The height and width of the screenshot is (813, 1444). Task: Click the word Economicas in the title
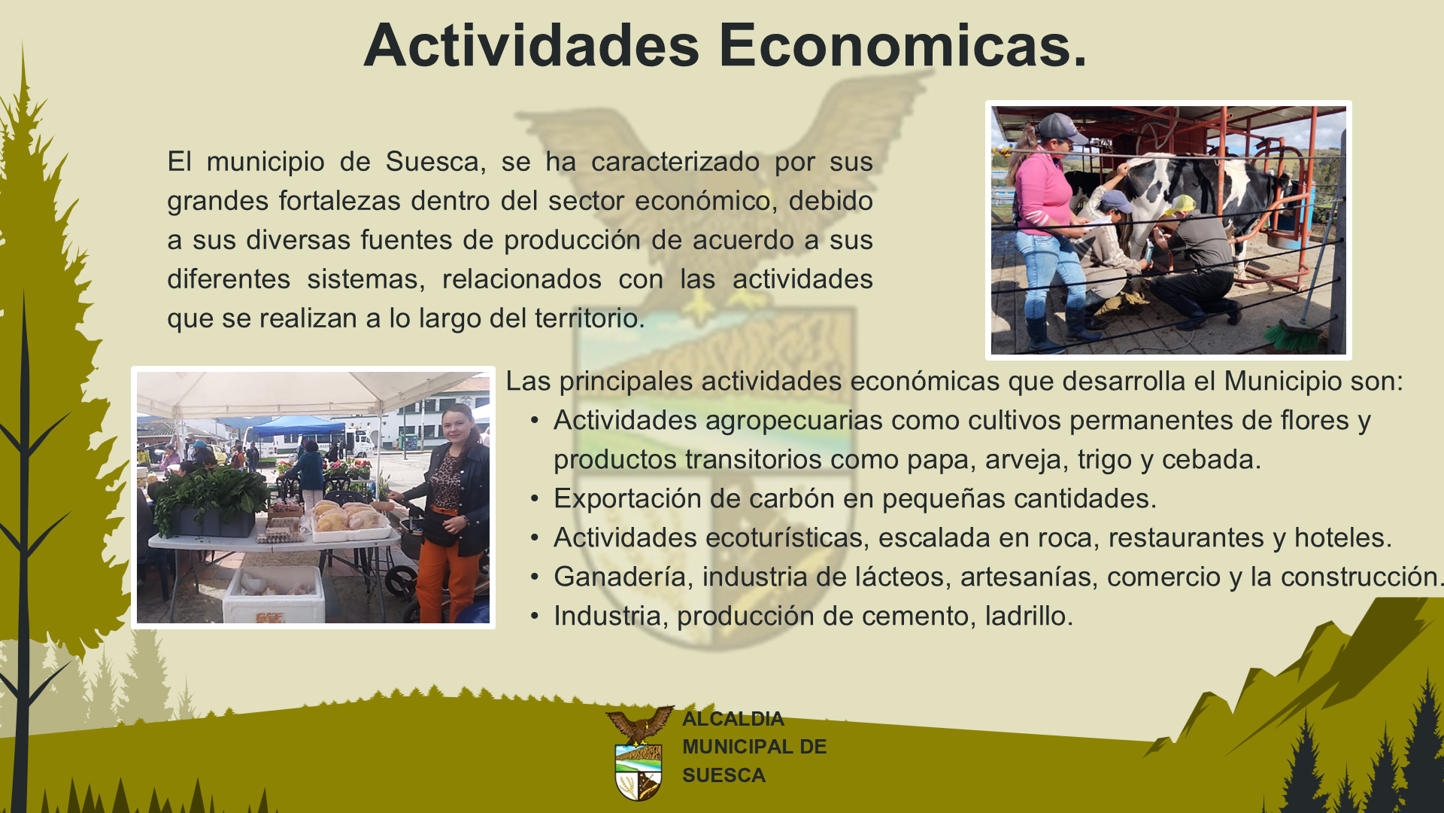pos(903,45)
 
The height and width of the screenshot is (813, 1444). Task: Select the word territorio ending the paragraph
pos(590,318)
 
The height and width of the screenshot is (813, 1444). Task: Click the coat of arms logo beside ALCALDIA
pos(639,754)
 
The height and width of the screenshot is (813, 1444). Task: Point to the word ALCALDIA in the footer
pos(733,719)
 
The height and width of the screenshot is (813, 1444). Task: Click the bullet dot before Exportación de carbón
pos(535,499)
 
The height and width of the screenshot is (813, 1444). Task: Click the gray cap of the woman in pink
pos(1060,126)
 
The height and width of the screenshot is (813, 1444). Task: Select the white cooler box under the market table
pos(274,595)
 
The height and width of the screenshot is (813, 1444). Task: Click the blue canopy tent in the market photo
pos(297,426)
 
